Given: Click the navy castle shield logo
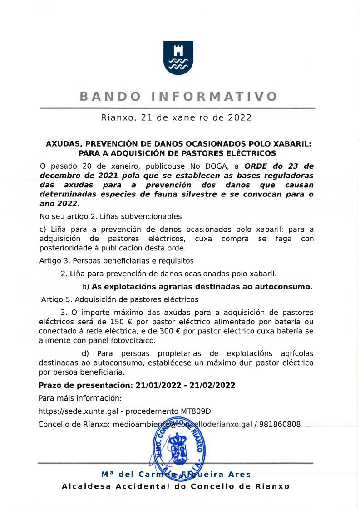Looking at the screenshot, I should [178, 58].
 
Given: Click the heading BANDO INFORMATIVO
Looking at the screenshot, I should [178, 97].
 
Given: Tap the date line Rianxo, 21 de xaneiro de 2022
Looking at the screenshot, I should [176, 118].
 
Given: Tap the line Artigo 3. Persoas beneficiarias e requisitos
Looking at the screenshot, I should [117, 261].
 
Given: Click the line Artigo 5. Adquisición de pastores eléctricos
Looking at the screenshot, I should [120, 299].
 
